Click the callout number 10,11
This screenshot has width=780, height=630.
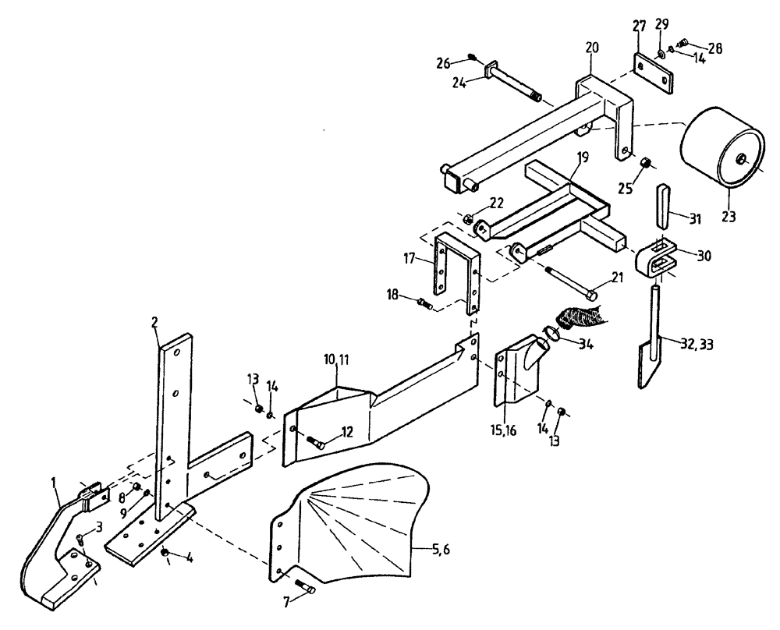[x=336, y=360]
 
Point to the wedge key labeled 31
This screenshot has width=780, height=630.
[x=661, y=205]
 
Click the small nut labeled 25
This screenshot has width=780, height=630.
[x=645, y=163]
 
